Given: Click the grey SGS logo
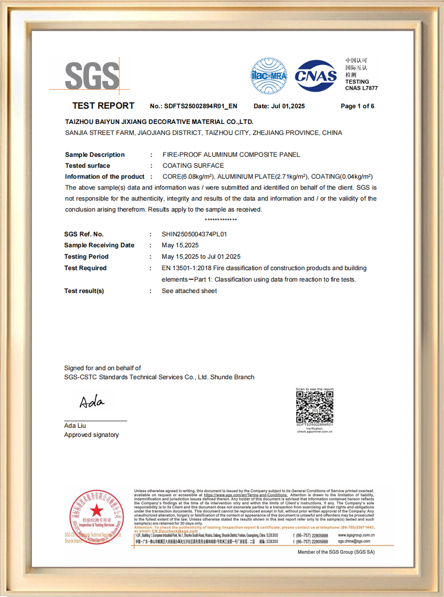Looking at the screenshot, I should point(92,76).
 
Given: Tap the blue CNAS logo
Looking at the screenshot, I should point(316,76).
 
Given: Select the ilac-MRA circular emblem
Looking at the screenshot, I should point(269,76).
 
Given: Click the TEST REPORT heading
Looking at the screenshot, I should point(103,106).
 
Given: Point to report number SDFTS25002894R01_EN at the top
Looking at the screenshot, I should point(200,106).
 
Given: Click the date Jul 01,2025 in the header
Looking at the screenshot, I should point(288,106).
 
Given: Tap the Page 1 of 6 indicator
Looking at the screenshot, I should point(357,106).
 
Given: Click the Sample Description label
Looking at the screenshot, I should point(95,155).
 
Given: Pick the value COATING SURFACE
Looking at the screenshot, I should point(193,166).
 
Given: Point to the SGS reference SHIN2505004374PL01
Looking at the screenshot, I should point(194,234).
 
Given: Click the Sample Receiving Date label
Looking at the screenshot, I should point(99,245).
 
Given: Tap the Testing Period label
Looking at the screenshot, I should point(86,257).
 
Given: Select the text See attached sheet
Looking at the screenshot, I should point(189,291).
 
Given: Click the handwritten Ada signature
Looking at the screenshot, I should point(92,402).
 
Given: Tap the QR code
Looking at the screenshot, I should point(315,406).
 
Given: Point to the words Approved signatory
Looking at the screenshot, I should point(91,435).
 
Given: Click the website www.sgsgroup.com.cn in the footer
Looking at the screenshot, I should point(356,535).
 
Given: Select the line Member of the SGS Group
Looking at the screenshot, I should point(336,552).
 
